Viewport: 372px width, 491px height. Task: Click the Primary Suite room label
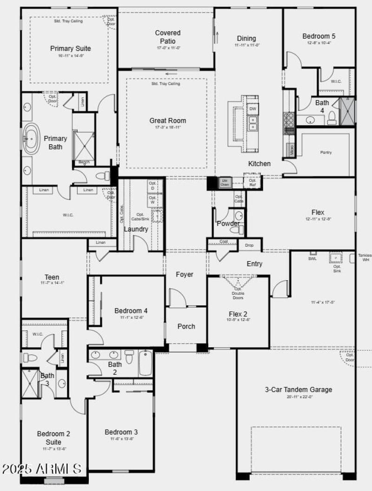point(70,48)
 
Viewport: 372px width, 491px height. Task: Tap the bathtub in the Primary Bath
point(33,138)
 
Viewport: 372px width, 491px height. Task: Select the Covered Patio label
point(167,37)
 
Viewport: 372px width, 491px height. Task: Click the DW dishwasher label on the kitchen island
point(252,109)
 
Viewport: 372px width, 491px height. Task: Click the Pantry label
point(326,152)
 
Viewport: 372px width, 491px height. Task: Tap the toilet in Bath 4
point(332,118)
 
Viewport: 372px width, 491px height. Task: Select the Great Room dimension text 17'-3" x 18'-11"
point(167,127)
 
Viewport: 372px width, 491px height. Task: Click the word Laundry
point(136,229)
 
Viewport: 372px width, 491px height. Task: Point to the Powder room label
point(228,223)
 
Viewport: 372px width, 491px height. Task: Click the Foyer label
point(184,275)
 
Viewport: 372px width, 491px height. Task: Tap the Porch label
point(186,326)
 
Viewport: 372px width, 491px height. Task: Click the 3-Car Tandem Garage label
point(299,390)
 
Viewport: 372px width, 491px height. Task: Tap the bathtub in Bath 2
point(145,363)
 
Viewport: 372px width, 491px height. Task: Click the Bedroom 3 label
point(121,432)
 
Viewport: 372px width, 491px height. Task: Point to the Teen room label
point(52,277)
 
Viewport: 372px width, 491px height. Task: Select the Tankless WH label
point(365,257)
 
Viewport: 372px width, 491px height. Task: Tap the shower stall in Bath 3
point(29,383)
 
